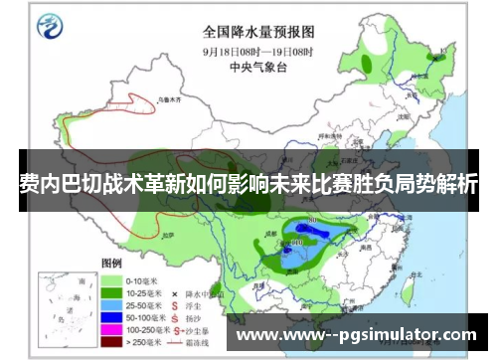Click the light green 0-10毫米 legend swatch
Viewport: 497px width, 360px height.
pos(111,282)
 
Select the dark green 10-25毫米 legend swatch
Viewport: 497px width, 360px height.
pos(111,295)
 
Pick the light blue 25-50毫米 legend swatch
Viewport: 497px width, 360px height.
pos(111,308)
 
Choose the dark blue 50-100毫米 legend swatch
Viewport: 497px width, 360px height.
pos(111,321)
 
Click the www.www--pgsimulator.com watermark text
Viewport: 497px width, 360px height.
pos(363,334)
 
